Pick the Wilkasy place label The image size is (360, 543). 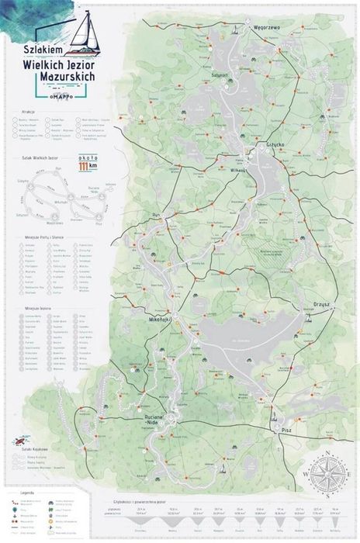coord(237,168)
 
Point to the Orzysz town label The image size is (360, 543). coord(323,304)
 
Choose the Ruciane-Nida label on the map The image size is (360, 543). coord(158,420)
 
